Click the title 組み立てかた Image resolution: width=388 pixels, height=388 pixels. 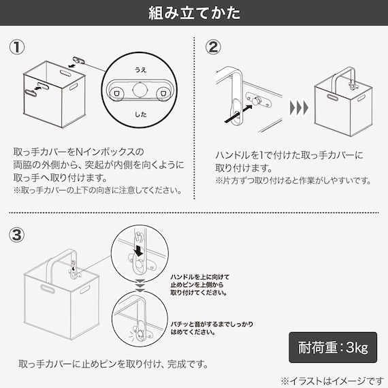194,13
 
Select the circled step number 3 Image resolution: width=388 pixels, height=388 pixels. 18,235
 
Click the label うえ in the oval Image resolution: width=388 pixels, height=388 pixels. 140,69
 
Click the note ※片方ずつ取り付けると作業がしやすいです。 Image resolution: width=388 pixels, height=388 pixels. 293,181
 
